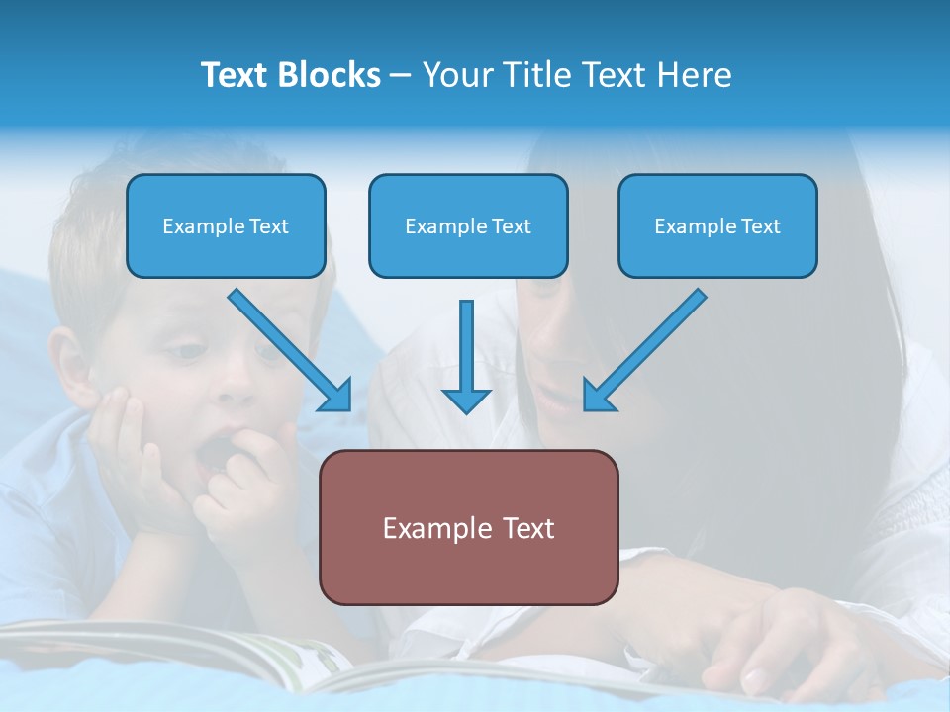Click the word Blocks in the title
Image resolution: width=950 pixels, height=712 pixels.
coord(332,75)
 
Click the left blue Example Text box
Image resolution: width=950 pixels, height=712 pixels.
coord(226,226)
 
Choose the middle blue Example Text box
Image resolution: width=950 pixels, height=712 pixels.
coord(468,226)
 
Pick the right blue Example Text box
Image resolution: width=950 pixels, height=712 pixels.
coord(717,226)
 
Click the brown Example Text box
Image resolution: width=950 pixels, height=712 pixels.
coord(468,527)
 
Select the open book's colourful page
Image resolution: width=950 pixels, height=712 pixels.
coord(297,658)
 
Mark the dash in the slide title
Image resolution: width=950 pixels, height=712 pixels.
coord(401,76)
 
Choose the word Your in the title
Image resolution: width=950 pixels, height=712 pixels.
coord(455,75)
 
